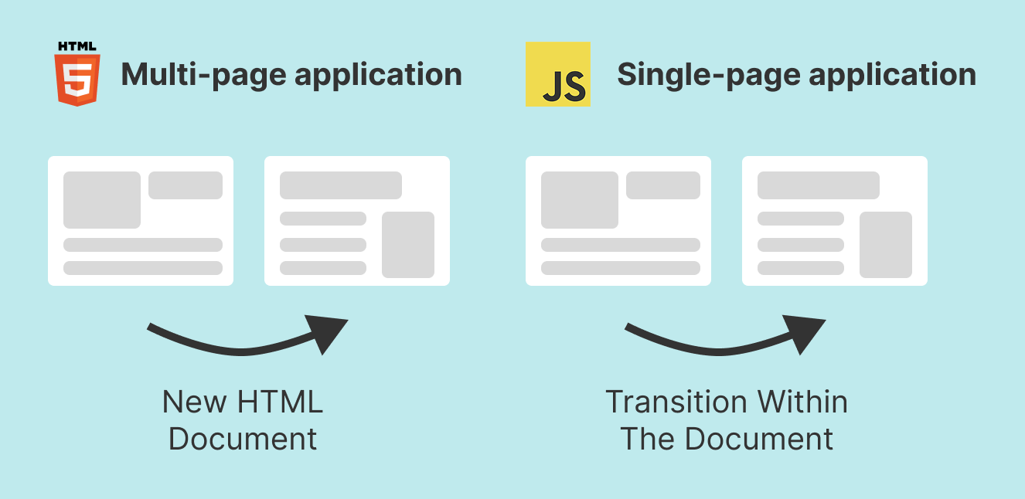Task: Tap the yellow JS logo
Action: click(x=558, y=74)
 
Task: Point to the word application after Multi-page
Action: click(x=379, y=75)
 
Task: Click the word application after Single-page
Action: click(x=893, y=75)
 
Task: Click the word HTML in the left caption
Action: click(x=280, y=402)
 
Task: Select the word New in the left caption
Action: click(x=195, y=402)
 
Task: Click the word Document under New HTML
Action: click(x=243, y=439)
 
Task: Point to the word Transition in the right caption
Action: click(x=676, y=402)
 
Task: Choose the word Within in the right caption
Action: click(x=802, y=402)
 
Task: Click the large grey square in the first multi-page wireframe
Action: click(x=102, y=200)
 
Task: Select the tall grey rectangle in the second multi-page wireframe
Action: click(x=408, y=245)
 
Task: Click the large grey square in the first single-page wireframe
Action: click(x=580, y=200)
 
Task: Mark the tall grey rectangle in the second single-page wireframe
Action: click(x=886, y=245)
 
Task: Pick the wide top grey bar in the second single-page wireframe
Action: click(x=819, y=185)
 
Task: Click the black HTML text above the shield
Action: click(x=77, y=46)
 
